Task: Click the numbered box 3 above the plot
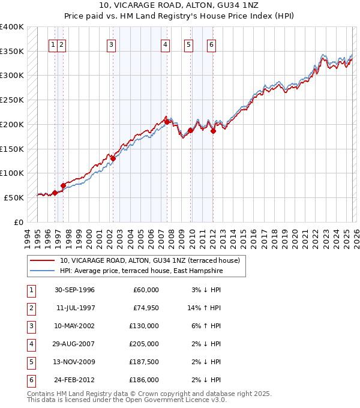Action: point(112,44)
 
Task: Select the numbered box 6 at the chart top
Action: point(212,44)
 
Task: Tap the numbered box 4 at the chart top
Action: point(165,44)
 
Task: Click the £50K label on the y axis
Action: point(14,197)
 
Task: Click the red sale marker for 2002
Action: point(112,158)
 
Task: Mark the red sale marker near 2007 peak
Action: point(166,122)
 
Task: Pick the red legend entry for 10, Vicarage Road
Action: point(149,260)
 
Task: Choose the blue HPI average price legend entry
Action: point(141,271)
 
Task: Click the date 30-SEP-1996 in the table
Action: point(74,290)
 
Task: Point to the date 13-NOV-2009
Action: point(74,362)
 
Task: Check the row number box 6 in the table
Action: point(29,380)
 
